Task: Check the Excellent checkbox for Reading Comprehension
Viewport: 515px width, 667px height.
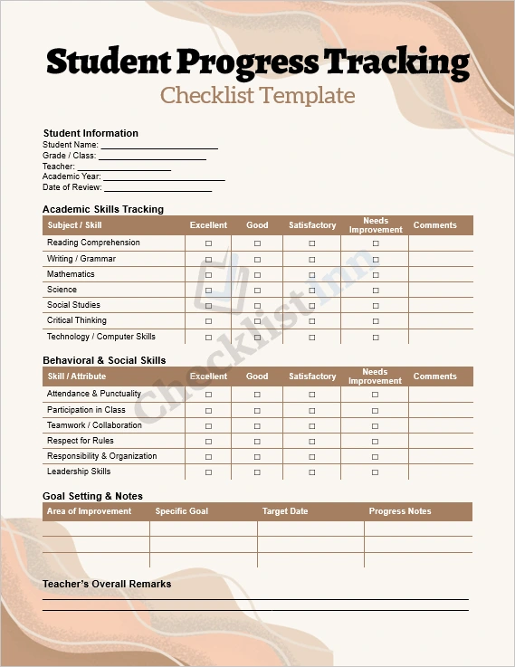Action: tap(209, 243)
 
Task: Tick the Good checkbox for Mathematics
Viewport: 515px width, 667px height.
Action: tap(257, 274)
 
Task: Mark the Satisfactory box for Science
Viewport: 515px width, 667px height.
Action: tap(312, 291)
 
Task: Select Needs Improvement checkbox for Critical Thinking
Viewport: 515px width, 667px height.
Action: tap(376, 321)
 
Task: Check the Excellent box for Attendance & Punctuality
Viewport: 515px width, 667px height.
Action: tap(209, 395)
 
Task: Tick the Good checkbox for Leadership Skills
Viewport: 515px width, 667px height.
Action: tap(257, 472)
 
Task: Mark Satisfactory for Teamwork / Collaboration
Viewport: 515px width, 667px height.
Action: tap(312, 425)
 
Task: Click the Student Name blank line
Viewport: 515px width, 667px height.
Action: tap(159, 146)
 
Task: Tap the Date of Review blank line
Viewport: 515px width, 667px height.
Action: tap(157, 189)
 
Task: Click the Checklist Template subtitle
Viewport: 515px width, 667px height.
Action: tap(258, 95)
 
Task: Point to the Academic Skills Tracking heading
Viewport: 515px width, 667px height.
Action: tap(103, 209)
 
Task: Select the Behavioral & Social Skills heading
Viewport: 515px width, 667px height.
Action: tap(104, 360)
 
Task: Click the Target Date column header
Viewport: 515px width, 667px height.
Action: tap(285, 511)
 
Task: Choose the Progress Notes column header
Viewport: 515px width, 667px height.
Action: tap(400, 511)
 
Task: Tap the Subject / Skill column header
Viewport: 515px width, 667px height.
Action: tap(74, 225)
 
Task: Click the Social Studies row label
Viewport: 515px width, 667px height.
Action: tap(73, 305)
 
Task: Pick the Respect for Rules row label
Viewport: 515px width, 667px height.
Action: tap(81, 441)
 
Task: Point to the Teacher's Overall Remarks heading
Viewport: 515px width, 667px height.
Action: tap(107, 584)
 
